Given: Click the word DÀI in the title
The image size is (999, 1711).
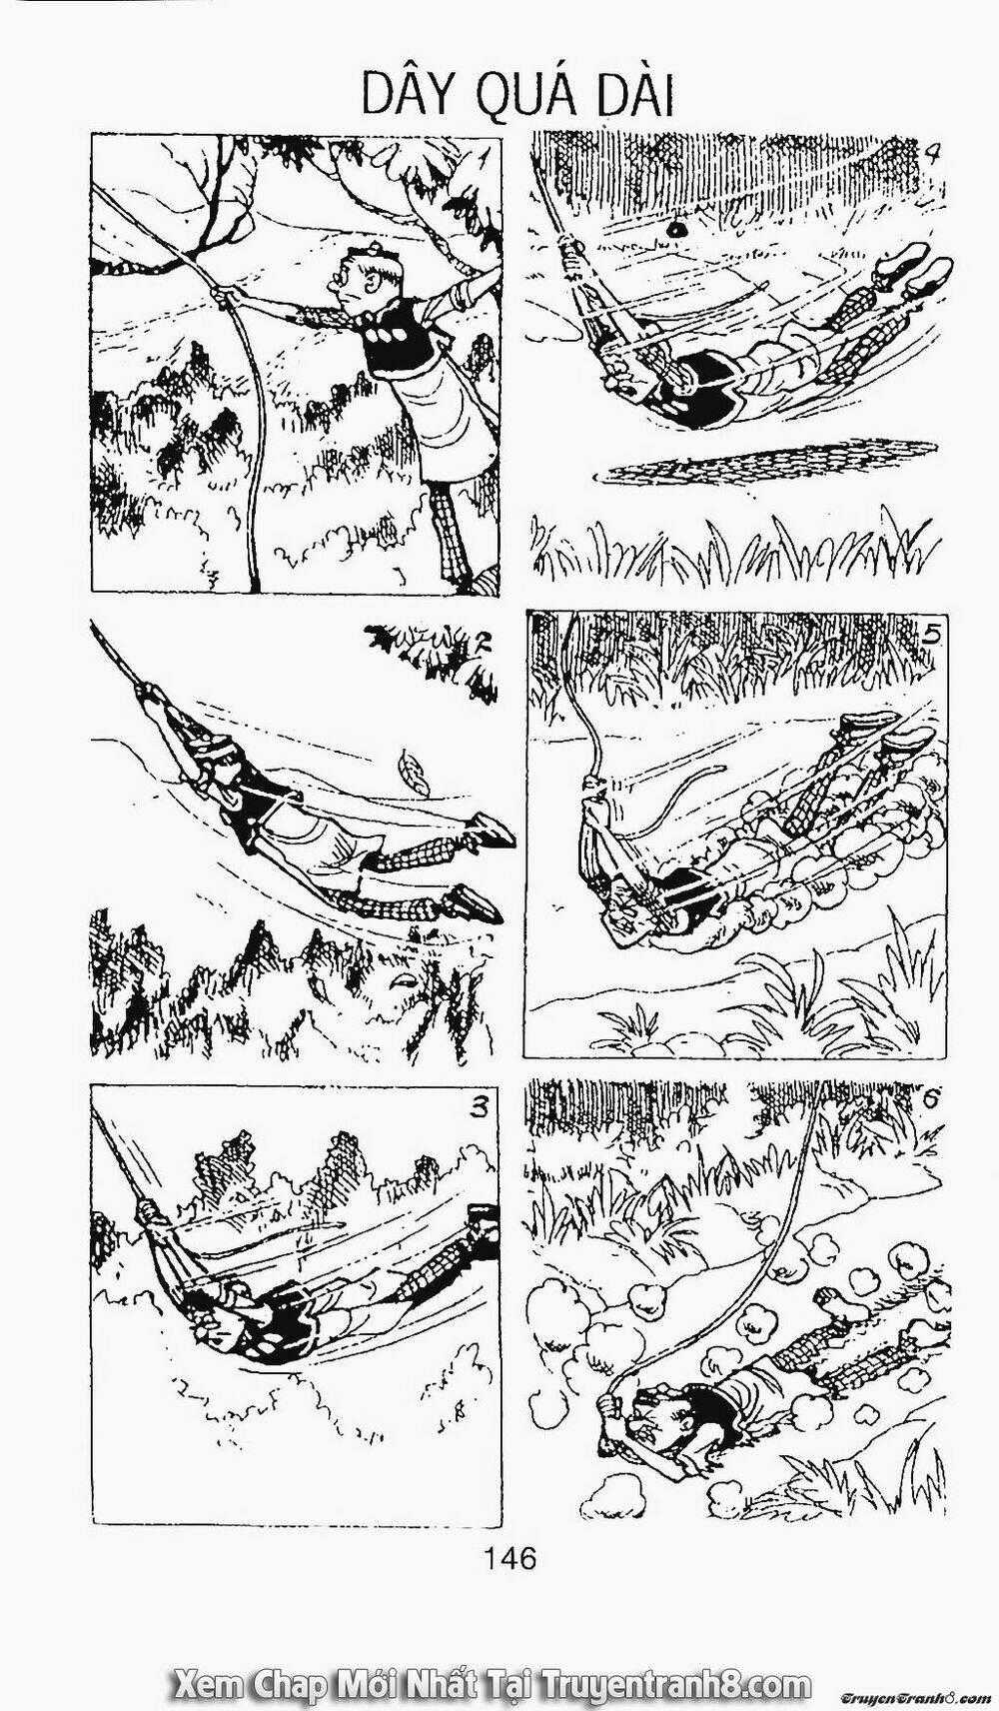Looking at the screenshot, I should [627, 97].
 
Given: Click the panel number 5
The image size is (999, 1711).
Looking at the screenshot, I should [931, 634].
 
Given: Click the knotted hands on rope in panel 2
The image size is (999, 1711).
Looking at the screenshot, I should [155, 695].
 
